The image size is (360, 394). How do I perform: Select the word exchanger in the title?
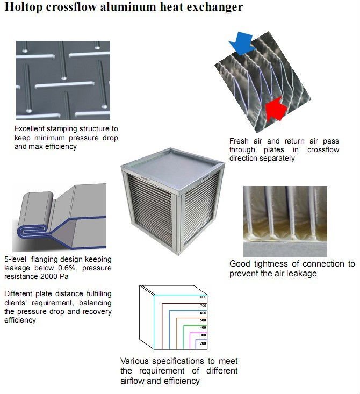tap(213, 8)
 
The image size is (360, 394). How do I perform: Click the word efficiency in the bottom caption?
tap(183, 381)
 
